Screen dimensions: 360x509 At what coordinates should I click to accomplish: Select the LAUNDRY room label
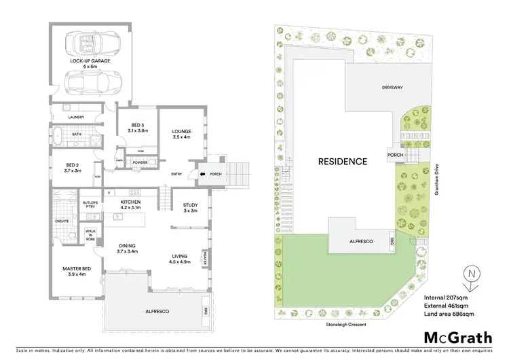click(76, 118)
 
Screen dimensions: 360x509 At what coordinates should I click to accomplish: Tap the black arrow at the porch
click(202, 174)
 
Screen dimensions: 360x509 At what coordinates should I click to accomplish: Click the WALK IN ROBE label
click(91, 234)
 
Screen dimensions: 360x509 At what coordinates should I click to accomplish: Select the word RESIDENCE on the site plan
click(343, 162)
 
